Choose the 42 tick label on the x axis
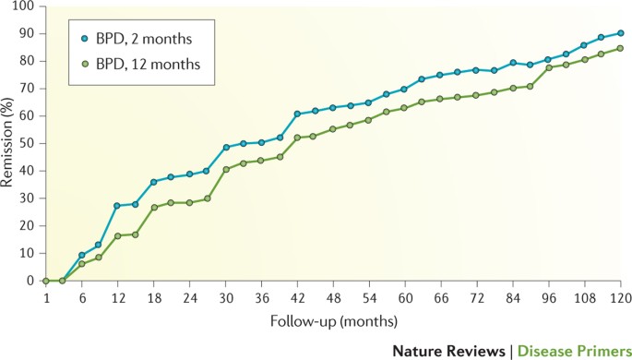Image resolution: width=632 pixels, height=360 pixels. (x=297, y=298)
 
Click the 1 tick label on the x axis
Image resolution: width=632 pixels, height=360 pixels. (x=45, y=298)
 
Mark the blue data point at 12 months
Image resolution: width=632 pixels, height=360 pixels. (x=116, y=206)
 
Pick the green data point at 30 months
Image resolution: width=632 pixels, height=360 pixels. (x=225, y=169)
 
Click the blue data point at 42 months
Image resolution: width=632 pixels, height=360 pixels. (x=297, y=114)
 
